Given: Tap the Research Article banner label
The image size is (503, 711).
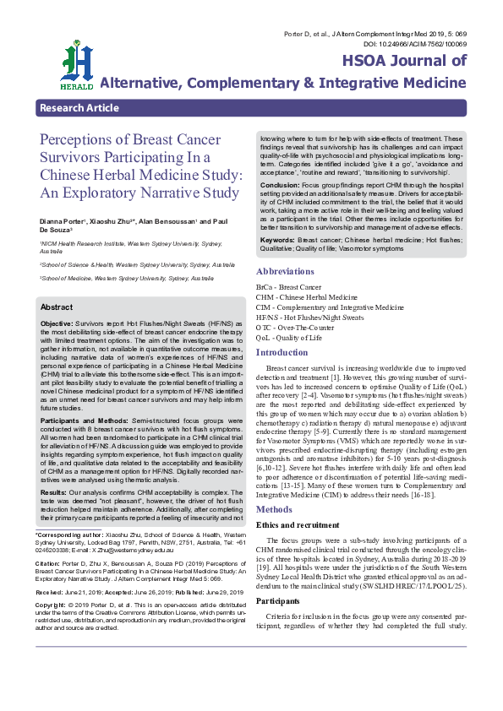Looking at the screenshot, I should pyautogui.click(x=79, y=108).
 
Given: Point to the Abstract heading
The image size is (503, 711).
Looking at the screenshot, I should pyautogui.click(x=57, y=307).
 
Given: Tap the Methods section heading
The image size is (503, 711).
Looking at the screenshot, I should pyautogui.click(x=275, y=486).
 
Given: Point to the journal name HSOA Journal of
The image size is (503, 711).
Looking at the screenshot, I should pyautogui.click(x=403, y=61).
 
